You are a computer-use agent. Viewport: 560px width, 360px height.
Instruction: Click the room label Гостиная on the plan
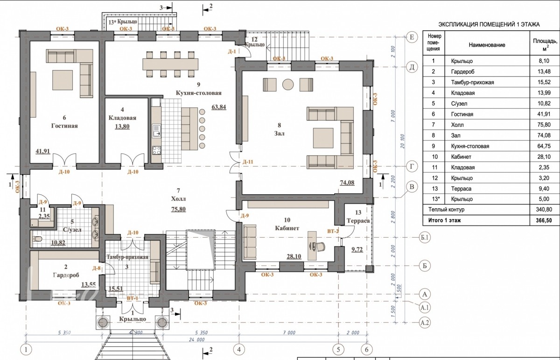click(x=64, y=126)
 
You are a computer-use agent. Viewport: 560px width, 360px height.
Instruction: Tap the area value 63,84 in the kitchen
click(x=219, y=107)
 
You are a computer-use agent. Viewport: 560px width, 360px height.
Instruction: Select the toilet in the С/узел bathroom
click(x=37, y=239)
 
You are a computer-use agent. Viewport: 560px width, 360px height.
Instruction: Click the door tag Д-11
click(x=248, y=162)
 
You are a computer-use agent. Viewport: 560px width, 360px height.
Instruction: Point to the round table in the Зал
click(x=288, y=85)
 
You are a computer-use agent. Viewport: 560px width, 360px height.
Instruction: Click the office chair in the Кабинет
click(x=319, y=246)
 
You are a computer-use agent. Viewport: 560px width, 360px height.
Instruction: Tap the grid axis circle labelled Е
click(x=412, y=37)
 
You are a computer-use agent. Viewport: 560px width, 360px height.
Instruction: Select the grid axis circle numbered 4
click(x=239, y=349)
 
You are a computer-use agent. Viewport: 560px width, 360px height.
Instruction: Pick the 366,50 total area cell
click(x=544, y=220)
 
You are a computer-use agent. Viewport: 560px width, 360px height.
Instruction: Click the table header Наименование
click(x=487, y=45)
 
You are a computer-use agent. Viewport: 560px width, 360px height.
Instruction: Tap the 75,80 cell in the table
click(x=544, y=125)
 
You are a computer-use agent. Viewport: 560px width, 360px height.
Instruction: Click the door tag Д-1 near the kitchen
click(x=232, y=52)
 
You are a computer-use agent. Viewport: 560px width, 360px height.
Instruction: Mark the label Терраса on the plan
click(x=358, y=221)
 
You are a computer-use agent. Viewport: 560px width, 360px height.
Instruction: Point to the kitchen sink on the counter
click(x=157, y=131)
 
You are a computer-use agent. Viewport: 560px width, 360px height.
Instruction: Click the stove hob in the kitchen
click(x=157, y=150)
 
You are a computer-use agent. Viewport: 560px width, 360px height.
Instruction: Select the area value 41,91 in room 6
click(x=43, y=151)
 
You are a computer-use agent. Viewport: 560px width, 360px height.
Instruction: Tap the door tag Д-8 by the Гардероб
click(x=96, y=268)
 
